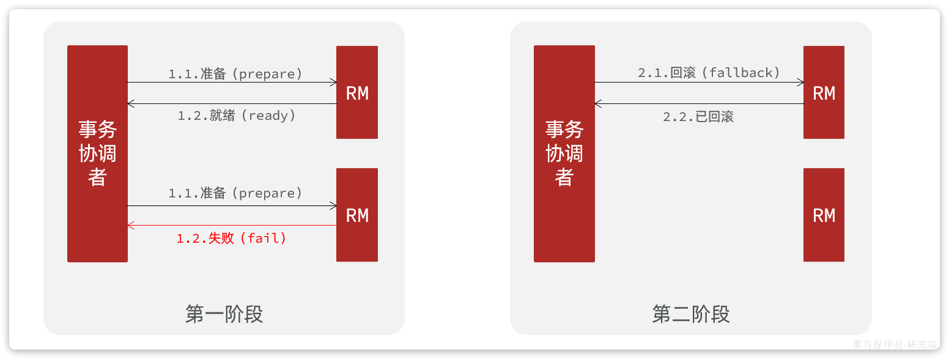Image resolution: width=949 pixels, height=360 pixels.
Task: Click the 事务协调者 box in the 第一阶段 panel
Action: tap(97, 153)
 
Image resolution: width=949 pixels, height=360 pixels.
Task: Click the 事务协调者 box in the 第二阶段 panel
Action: tap(564, 153)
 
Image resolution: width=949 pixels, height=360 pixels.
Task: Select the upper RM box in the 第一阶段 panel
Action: tap(357, 92)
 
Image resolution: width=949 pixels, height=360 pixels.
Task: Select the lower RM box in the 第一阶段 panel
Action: tap(357, 215)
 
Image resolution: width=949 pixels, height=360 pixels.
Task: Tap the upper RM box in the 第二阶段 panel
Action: tap(824, 92)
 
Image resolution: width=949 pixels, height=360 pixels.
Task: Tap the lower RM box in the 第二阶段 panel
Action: tap(824, 215)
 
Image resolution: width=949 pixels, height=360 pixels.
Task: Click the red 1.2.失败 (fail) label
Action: tap(232, 238)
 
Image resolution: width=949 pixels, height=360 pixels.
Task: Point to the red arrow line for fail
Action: tap(232, 226)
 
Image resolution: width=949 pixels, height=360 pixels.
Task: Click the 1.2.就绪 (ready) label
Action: tap(237, 116)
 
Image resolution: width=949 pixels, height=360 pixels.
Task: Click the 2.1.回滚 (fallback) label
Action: tap(709, 73)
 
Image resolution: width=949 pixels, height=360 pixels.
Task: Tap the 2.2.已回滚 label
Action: tap(698, 117)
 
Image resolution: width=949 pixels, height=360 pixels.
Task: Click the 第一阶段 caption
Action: tap(224, 314)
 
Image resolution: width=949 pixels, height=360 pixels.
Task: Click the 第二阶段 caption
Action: tap(691, 314)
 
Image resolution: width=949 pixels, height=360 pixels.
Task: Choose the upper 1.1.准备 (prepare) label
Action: tap(235, 74)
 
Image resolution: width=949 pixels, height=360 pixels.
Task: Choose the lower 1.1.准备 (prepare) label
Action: tap(235, 193)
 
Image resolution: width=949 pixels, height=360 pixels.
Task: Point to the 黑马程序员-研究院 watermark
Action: tap(895, 345)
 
